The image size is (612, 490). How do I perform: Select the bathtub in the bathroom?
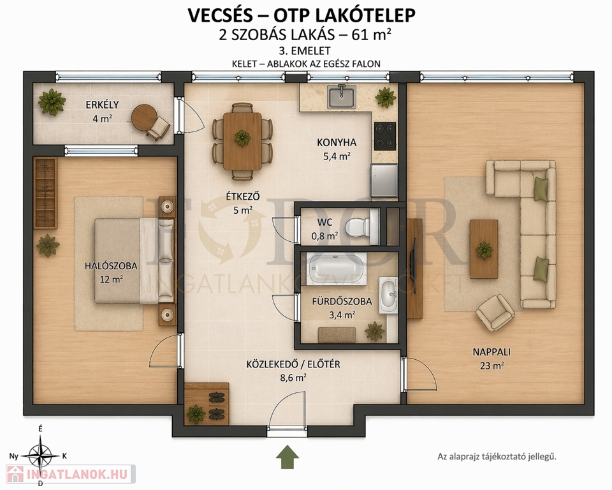click(337, 269)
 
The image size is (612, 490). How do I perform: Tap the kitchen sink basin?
click(341, 97)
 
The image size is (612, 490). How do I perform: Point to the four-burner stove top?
click(385, 136)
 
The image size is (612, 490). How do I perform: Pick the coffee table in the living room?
click(484, 249)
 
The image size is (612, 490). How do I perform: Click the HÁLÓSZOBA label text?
click(111, 266)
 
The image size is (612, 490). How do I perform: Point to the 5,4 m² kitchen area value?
click(337, 157)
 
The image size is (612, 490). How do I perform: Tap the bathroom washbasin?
click(388, 295)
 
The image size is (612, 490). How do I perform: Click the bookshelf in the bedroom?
click(45, 193)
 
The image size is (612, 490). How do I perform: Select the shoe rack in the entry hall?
click(207, 404)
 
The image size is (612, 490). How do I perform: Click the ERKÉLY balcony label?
click(102, 105)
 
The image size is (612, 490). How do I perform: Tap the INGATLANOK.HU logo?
click(71, 475)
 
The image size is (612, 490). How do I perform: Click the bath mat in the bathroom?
click(337, 335)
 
